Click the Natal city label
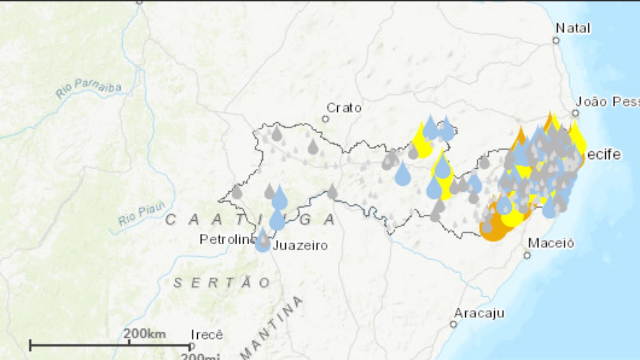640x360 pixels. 573,28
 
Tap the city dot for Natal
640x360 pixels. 556,41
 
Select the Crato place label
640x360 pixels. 344,108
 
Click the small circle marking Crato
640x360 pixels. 325,119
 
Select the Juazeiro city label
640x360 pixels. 300,245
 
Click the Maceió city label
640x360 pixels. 551,243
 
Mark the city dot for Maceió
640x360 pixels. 527,255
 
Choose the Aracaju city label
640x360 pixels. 479,313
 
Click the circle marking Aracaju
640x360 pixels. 454,324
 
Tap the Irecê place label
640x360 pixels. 207,335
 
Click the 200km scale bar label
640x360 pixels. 145,334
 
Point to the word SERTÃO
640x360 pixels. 222,283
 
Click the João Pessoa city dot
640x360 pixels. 575,113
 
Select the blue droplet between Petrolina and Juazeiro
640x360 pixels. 262,241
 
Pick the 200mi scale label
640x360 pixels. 201,357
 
